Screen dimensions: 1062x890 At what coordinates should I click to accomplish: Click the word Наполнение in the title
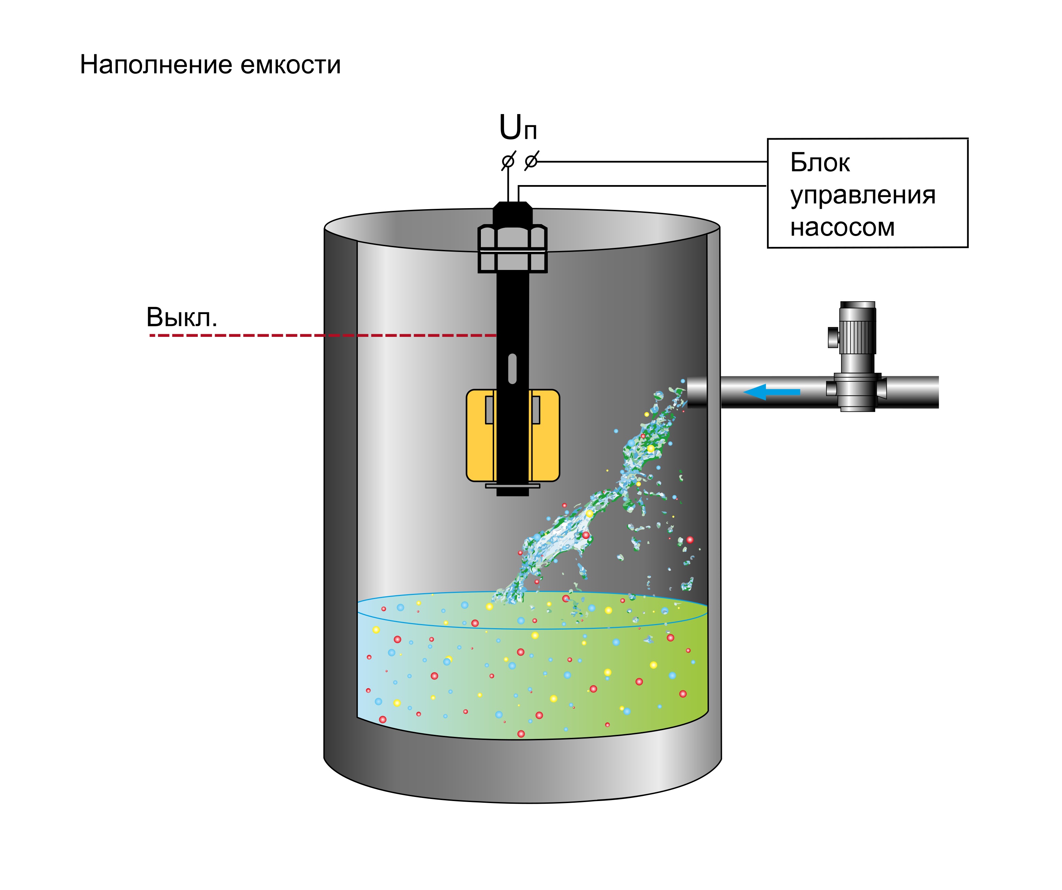[x=156, y=65]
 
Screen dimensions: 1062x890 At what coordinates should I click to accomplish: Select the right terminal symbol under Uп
[x=531, y=161]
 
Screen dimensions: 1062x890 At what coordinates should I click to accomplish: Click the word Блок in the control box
[x=820, y=163]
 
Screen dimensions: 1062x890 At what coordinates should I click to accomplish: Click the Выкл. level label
[x=181, y=317]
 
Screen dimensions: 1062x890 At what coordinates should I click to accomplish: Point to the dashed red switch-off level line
[x=323, y=335]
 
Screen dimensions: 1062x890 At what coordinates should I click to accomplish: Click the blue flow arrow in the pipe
[x=771, y=392]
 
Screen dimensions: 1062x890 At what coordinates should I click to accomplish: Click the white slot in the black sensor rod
[x=512, y=369]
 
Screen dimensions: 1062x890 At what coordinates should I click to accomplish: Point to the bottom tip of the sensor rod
[x=512, y=495]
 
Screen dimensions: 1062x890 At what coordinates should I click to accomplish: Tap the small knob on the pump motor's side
[x=833, y=337]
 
